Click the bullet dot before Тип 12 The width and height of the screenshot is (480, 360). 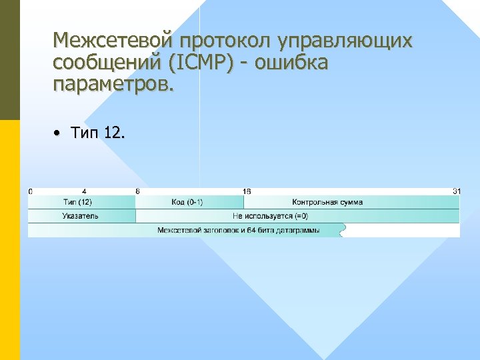point(58,133)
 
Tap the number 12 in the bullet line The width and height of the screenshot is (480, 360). point(114,133)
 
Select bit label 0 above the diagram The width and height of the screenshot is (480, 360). point(30,191)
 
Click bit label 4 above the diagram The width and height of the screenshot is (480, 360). point(83,191)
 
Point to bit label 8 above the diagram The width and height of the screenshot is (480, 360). point(137,191)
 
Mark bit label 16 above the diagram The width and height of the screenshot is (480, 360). point(247,191)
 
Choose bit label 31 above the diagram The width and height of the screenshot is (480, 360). point(457,191)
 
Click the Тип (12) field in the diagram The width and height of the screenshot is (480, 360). point(79,202)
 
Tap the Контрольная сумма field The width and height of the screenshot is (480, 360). point(327,202)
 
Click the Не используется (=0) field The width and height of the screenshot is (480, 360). point(270,216)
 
